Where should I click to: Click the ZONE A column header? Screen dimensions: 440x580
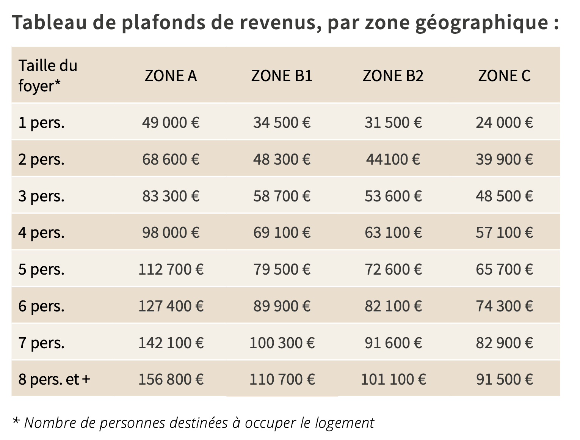(x=171, y=76)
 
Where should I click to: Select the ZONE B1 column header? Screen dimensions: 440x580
(x=282, y=76)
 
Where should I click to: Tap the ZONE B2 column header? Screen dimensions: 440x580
(x=393, y=76)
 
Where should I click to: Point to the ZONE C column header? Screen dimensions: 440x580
(x=504, y=76)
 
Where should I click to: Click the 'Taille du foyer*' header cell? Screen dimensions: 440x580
(x=48, y=76)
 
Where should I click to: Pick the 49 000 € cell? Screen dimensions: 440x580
(x=171, y=123)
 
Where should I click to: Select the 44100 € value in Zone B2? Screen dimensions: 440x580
(x=393, y=159)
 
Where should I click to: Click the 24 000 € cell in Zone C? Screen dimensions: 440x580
(x=504, y=123)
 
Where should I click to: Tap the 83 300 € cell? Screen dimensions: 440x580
(x=171, y=196)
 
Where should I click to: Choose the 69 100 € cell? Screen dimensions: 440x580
(x=282, y=233)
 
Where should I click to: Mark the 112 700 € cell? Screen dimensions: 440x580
(x=171, y=269)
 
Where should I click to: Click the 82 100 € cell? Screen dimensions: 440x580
(x=393, y=306)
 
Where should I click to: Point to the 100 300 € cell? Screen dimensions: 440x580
(x=282, y=343)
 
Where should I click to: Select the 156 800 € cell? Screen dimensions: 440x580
(x=171, y=379)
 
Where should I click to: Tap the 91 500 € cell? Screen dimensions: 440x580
(x=504, y=379)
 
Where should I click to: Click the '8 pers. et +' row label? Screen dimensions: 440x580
(x=54, y=379)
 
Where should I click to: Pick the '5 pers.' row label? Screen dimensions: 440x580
(x=41, y=269)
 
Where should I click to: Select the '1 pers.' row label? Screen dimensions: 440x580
(x=41, y=123)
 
